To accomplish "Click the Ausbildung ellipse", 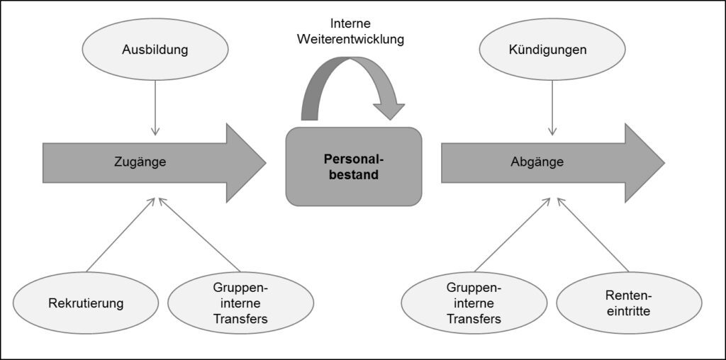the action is [155, 50].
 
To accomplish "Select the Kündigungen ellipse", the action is [552, 50].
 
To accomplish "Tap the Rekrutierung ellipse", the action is [86, 303].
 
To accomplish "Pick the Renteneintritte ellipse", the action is [629, 303].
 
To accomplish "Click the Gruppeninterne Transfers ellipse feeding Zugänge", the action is [241, 303].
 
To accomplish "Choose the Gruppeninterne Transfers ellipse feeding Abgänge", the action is [474, 303].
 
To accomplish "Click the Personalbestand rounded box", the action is [354, 167].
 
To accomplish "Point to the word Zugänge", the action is [140, 162].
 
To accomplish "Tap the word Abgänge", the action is [537, 162].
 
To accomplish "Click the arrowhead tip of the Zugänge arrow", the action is [266, 163].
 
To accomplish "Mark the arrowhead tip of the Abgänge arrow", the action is [664, 163].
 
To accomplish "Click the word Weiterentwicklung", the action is [351, 40].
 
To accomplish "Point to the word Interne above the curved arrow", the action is [351, 23].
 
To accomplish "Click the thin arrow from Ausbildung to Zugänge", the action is [155, 108].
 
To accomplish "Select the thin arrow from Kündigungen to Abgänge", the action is [552, 108].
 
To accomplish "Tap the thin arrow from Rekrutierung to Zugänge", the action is [121, 235].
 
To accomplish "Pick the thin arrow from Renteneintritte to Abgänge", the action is [593, 235].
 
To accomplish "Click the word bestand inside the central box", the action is [354, 175].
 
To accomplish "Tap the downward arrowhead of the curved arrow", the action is [389, 111].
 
